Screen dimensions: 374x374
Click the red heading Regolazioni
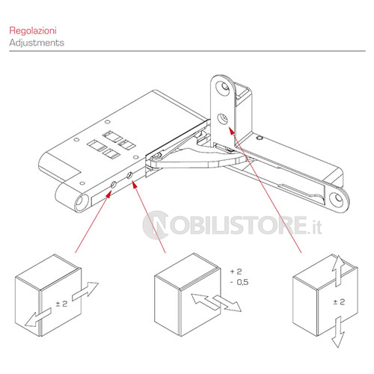click(x=33, y=31)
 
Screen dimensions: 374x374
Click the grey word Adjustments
click(x=37, y=43)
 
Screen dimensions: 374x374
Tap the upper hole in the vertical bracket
click(x=223, y=87)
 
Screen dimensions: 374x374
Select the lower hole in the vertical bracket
click(x=222, y=118)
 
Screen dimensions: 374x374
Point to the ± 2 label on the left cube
click(x=61, y=304)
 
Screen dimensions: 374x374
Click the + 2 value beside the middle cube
click(x=236, y=272)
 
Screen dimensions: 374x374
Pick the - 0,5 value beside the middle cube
click(x=239, y=282)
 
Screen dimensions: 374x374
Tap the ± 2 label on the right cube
click(x=339, y=302)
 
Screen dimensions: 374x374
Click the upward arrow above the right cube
click(x=338, y=271)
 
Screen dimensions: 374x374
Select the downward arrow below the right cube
click(x=338, y=332)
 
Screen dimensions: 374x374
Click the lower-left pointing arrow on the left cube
click(x=38, y=318)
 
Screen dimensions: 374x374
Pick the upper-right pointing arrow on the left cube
click(x=85, y=291)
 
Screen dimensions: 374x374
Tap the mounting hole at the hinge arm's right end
click(x=338, y=198)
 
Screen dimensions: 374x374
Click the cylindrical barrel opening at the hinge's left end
click(x=82, y=203)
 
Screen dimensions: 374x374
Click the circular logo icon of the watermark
click(x=155, y=225)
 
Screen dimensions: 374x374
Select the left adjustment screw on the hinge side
click(x=113, y=185)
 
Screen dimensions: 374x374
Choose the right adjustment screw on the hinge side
click(x=129, y=175)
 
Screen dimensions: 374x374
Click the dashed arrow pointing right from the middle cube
click(x=227, y=304)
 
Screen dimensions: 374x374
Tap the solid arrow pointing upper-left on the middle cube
click(x=204, y=301)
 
